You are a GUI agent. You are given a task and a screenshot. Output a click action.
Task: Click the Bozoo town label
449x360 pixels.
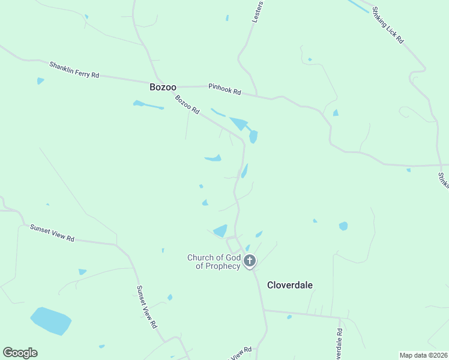point(163,88)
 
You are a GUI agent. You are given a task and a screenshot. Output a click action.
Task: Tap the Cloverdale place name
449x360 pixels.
point(290,285)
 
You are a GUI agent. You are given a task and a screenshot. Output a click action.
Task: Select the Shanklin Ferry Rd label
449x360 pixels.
point(74,70)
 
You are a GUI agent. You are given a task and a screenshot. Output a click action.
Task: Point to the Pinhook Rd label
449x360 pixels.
point(224,89)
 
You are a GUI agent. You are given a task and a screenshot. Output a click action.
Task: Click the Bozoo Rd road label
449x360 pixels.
point(187,104)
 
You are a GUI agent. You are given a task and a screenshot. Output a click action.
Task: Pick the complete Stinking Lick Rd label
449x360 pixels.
point(388,24)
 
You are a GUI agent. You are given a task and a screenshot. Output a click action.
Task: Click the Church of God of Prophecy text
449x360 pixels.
point(214,262)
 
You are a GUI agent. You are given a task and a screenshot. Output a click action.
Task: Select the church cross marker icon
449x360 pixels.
point(250,261)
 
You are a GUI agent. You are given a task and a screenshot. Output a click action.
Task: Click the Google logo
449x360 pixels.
point(20,353)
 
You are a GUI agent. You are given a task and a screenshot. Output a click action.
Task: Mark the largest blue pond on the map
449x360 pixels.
point(51,321)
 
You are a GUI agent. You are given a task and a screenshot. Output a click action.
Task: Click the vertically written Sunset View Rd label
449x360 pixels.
point(146,307)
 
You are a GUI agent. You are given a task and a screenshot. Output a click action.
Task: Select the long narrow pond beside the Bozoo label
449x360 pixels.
point(148,105)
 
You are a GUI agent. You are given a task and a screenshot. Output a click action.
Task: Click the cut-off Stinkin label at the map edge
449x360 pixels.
point(444,181)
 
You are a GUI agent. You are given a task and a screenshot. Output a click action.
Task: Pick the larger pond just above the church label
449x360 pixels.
point(221,230)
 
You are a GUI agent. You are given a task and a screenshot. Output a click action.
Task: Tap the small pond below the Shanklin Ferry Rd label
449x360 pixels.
point(40,80)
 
